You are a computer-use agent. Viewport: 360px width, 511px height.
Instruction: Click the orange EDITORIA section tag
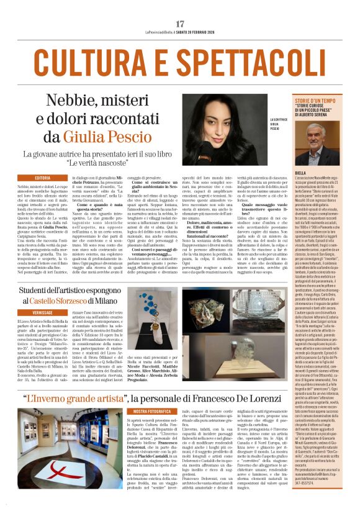[x=43, y=178]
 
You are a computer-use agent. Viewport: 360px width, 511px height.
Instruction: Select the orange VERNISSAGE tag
[x=43, y=313]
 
